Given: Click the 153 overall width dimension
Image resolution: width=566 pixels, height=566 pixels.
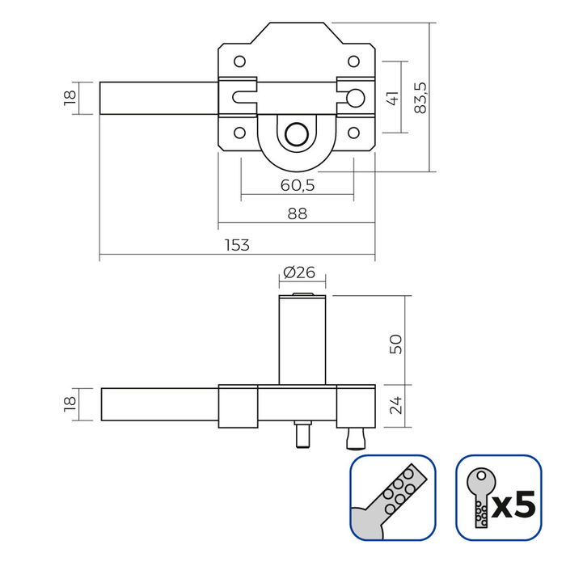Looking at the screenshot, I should coord(237,245).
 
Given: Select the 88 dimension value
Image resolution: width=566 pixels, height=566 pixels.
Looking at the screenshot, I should coord(297,213).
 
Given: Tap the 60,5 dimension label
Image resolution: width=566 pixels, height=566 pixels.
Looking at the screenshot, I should coord(297,185).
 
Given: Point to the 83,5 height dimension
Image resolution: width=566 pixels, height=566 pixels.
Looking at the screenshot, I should coord(419,97).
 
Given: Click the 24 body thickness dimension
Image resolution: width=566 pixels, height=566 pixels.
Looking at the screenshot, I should coord(395,404).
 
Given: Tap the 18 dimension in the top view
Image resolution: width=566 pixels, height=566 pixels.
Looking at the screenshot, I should coord(70,97).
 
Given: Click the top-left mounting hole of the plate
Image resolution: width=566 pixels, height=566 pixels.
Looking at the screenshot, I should coord(239,61).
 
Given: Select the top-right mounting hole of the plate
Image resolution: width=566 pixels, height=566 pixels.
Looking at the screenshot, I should coord(353,61).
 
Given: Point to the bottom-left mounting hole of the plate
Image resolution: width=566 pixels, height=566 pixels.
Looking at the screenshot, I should coord(239,133).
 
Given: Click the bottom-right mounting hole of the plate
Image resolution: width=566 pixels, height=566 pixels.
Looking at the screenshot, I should coord(353,133).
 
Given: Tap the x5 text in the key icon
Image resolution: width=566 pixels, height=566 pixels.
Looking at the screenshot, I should coord(513,506).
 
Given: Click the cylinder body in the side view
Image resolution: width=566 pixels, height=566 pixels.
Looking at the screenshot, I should coord(303,340).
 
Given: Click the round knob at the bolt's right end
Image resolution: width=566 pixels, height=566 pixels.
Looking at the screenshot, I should coord(353,98).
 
